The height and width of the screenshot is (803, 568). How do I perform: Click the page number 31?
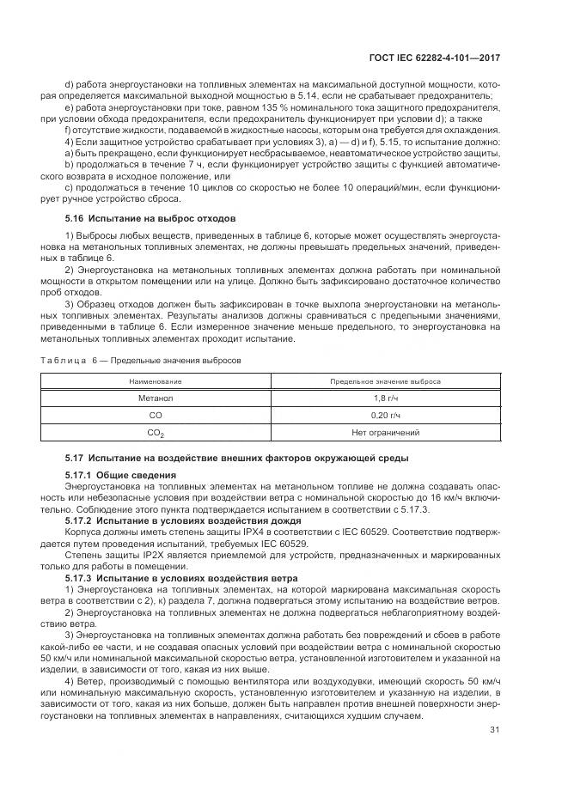(x=495, y=730)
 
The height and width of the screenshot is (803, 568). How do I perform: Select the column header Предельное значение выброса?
(x=385, y=380)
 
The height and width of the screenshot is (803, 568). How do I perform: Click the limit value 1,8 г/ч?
(x=385, y=398)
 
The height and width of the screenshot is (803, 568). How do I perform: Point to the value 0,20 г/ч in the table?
(x=385, y=415)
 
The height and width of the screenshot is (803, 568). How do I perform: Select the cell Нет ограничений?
(x=385, y=432)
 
